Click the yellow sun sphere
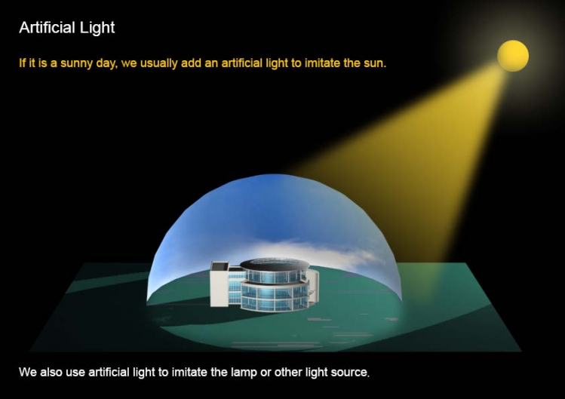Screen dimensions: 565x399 (513, 56)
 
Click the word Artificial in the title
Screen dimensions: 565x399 (47, 27)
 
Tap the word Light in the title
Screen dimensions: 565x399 (97, 28)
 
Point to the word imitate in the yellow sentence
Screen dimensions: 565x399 (322, 63)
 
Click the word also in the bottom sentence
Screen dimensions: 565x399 (51, 372)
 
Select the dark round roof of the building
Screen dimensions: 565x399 (275, 264)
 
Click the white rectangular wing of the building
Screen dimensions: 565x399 (220, 284)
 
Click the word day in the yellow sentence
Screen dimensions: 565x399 (106, 64)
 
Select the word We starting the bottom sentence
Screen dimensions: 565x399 (27, 372)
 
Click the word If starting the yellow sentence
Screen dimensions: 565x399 (23, 63)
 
